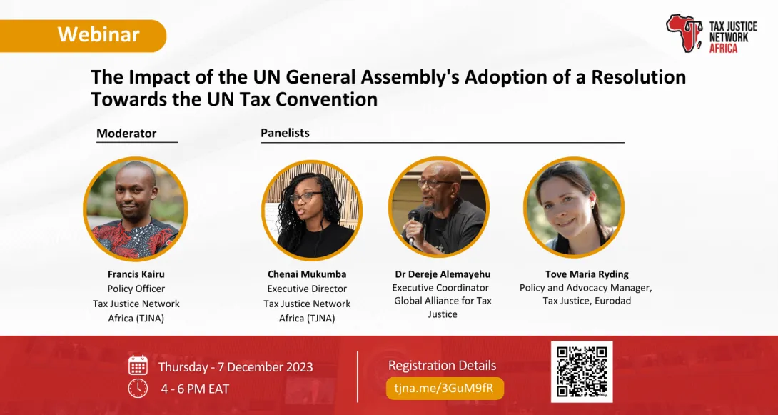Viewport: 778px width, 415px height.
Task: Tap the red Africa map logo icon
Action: pos(684,33)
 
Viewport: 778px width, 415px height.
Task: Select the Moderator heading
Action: pos(126,133)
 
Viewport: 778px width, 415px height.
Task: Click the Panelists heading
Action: pos(285,133)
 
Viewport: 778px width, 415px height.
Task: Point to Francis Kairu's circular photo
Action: pos(135,209)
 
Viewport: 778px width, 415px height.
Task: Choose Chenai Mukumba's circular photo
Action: pos(312,210)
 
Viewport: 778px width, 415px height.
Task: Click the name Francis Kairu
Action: pos(136,274)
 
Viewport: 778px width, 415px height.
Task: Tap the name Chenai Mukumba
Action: pos(307,274)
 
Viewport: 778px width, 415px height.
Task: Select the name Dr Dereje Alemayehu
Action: pos(443,274)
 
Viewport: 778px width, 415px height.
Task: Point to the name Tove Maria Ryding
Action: pos(586,274)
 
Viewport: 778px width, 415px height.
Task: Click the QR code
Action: pos(582,371)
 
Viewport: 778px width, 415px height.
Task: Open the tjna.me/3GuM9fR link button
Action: pos(445,388)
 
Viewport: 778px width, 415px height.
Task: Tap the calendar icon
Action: pos(138,366)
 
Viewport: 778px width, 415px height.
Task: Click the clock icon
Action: pos(138,389)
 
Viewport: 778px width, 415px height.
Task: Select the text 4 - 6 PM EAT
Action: pos(195,389)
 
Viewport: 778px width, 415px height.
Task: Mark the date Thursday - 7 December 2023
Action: pos(236,367)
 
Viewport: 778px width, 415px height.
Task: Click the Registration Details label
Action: pos(442,366)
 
